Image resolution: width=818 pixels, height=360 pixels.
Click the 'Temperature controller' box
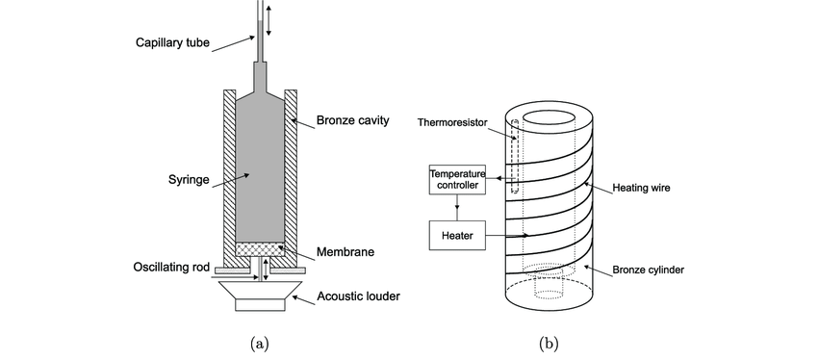coord(457,178)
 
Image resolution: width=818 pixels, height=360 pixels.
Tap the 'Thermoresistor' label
coord(452,122)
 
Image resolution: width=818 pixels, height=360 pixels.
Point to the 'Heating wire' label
coord(642,188)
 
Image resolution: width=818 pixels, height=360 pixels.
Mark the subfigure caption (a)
coord(260,343)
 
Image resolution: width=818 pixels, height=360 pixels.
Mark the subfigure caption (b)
coord(549,343)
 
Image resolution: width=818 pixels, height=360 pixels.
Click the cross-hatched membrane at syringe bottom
coord(260,248)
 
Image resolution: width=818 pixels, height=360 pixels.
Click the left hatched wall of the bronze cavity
coord(229,173)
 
